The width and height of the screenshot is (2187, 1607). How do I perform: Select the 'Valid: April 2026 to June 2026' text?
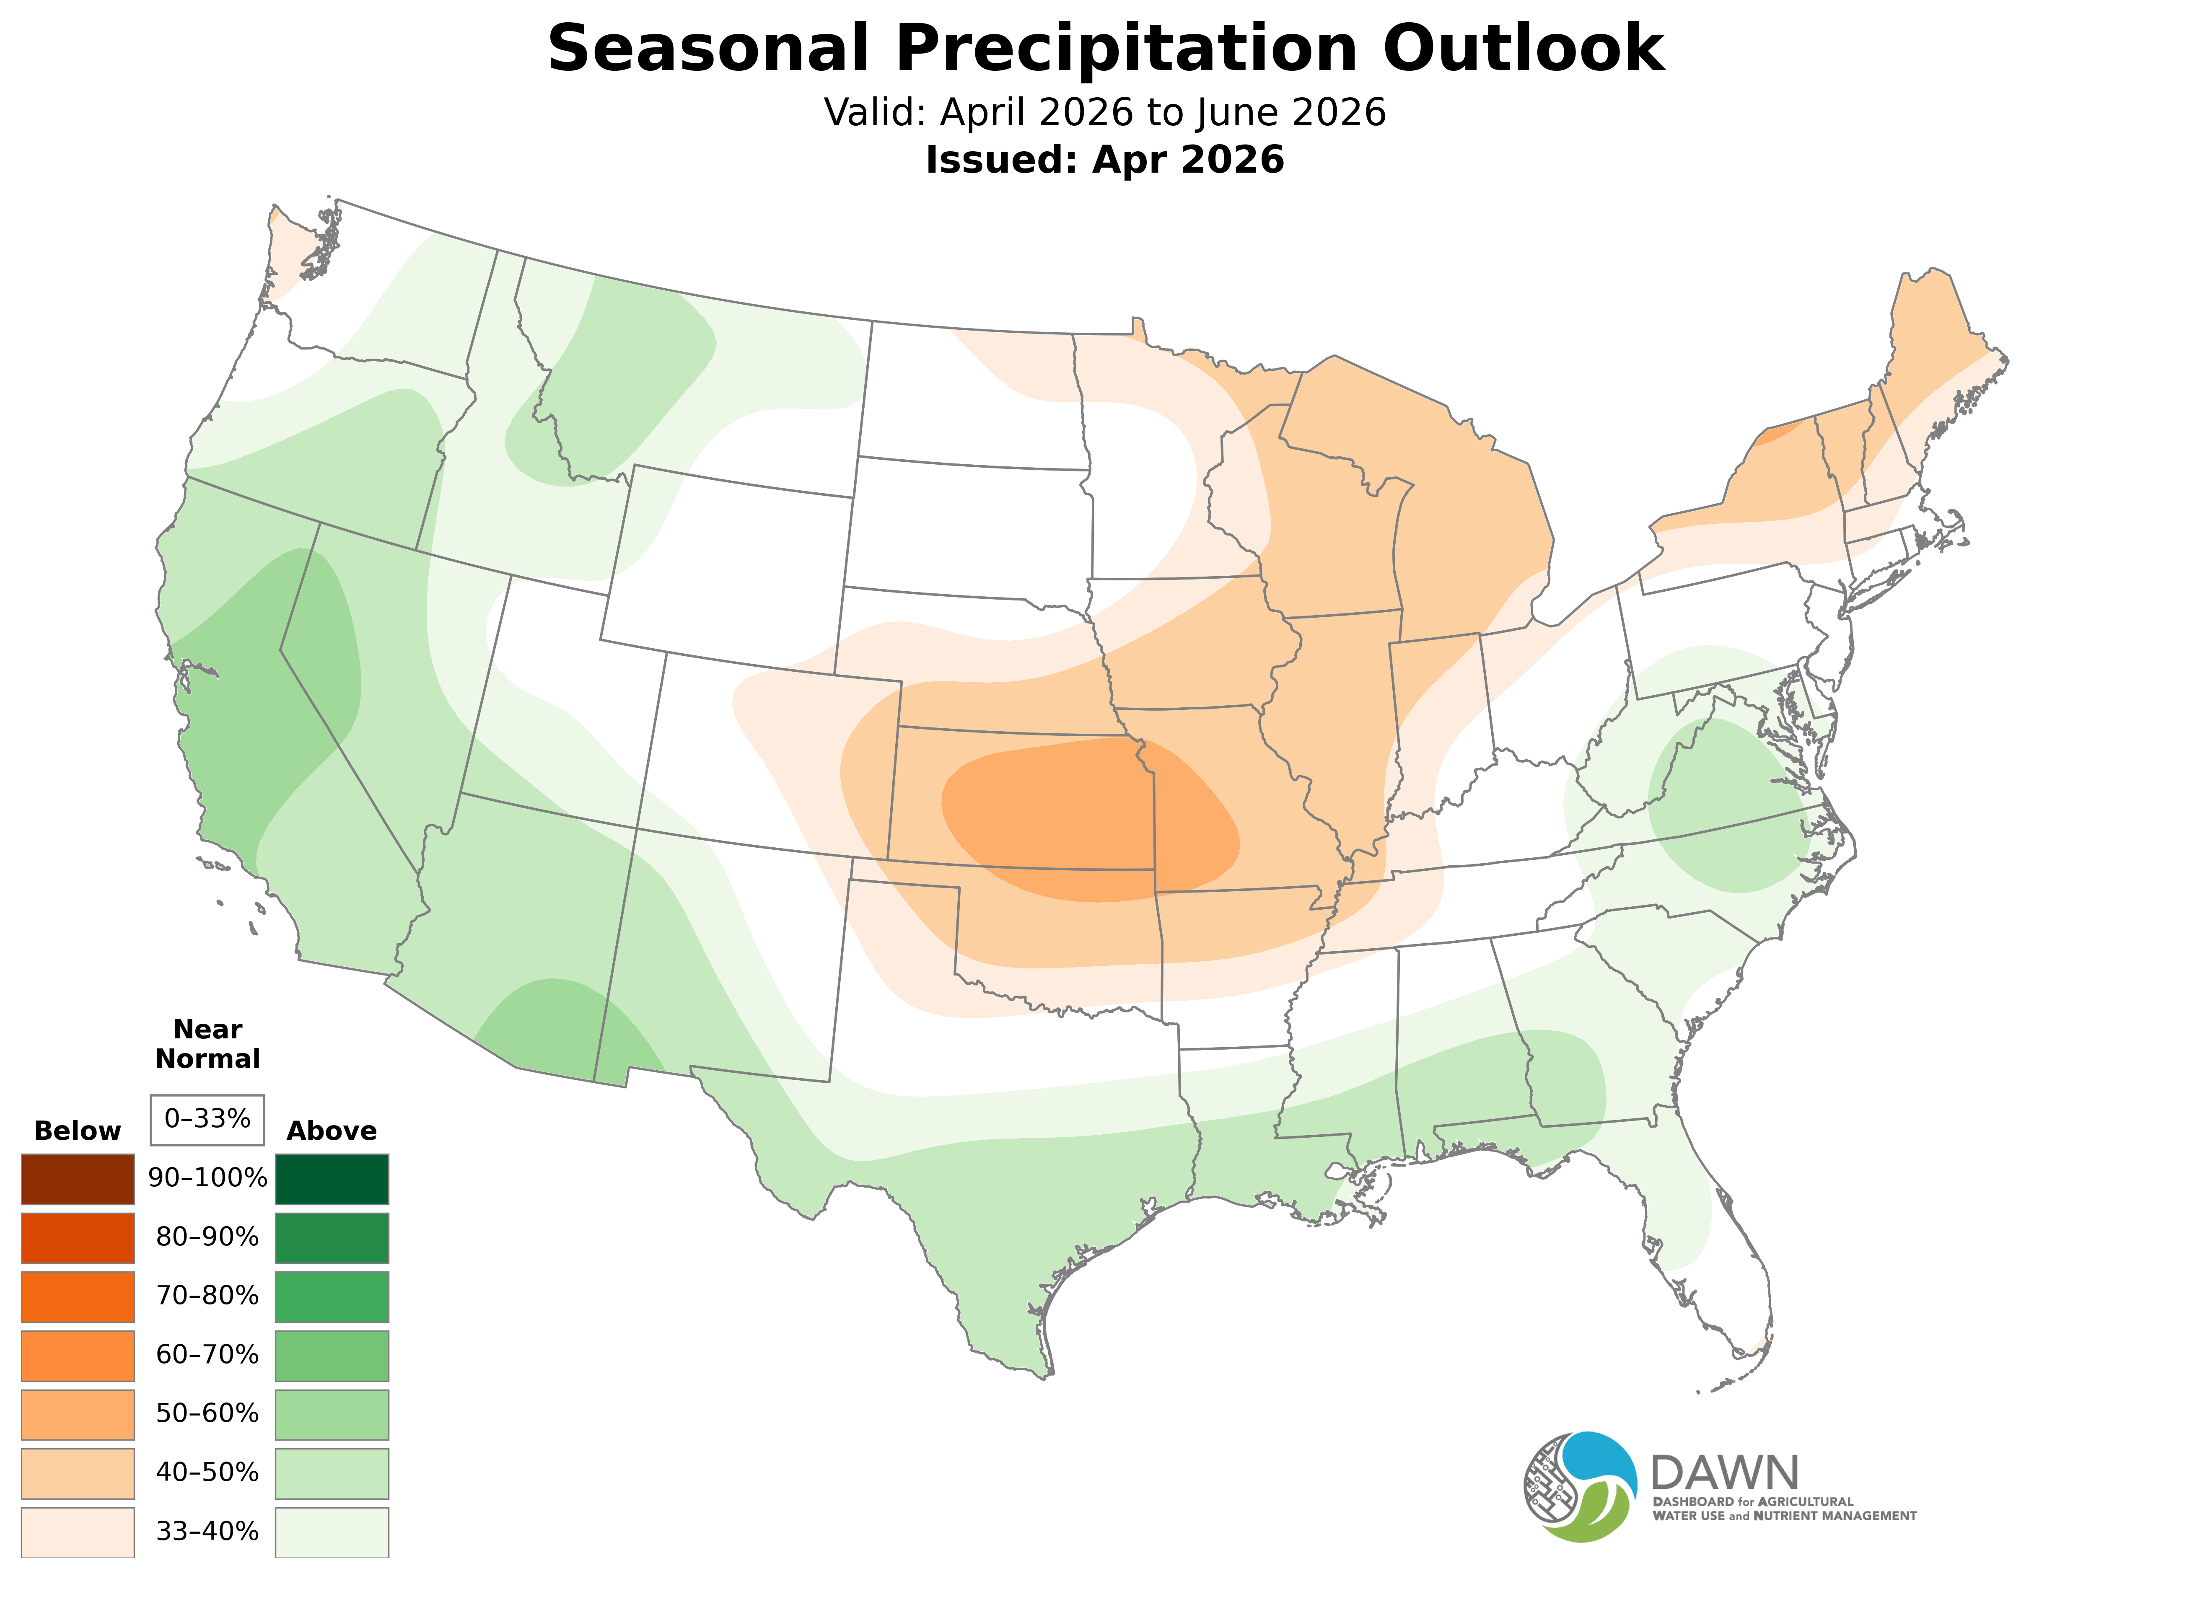click(1104, 113)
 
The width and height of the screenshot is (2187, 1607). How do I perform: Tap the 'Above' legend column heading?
click(332, 1131)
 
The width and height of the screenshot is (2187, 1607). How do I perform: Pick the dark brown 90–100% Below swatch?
click(78, 1179)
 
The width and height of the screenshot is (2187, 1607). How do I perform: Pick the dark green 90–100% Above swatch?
click(332, 1179)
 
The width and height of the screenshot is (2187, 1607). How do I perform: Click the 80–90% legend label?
click(207, 1237)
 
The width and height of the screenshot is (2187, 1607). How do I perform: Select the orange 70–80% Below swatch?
click(78, 1296)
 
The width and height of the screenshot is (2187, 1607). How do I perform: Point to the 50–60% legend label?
click(207, 1413)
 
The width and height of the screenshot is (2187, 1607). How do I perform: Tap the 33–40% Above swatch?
click(332, 1532)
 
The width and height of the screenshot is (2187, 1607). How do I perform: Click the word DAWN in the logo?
click(1724, 1474)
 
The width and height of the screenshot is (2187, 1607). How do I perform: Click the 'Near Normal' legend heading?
click(207, 1044)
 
